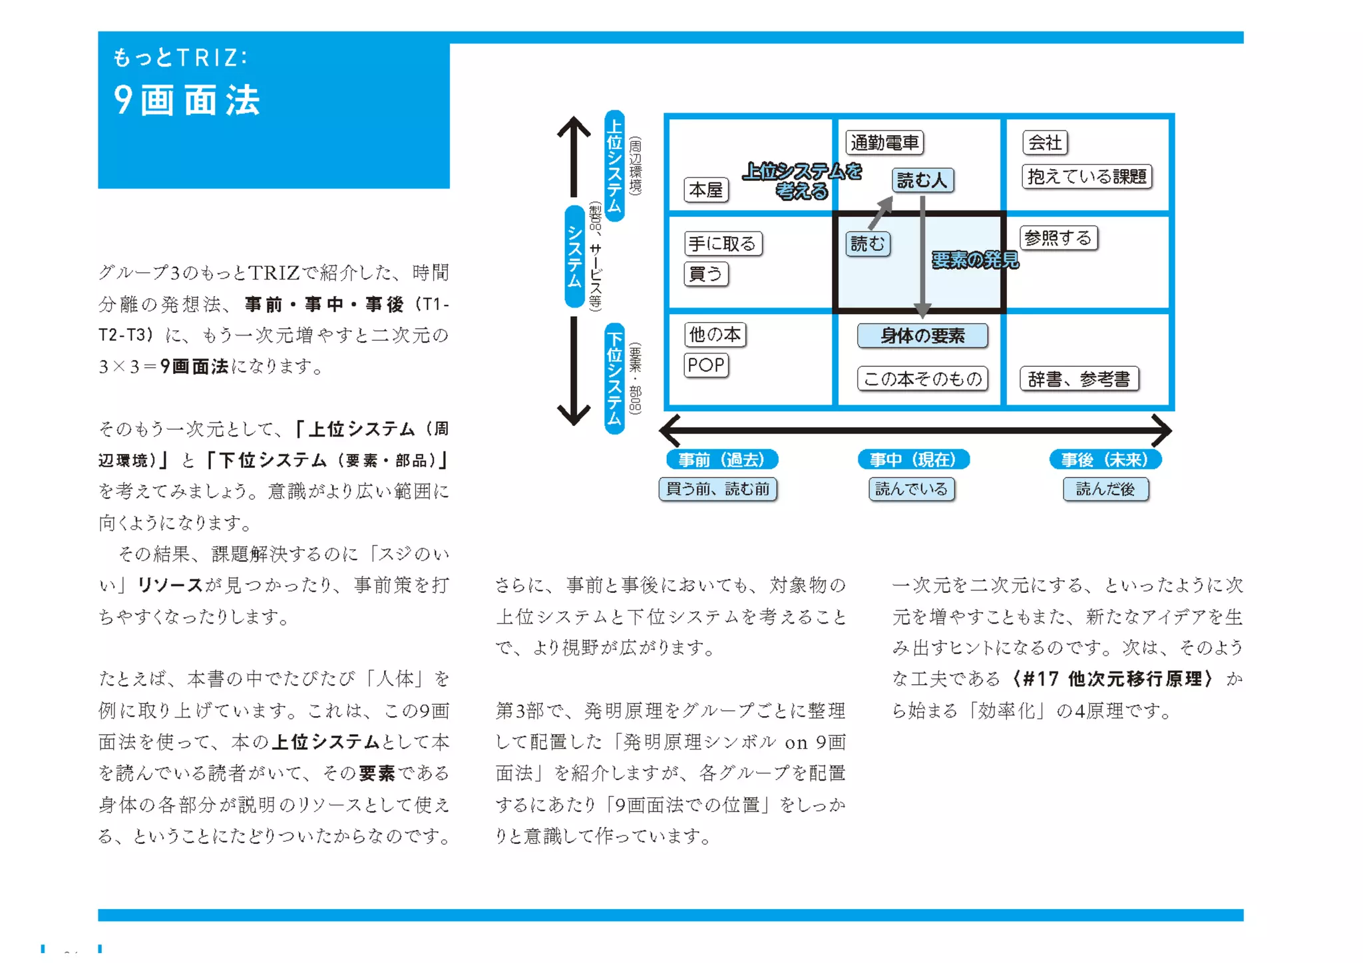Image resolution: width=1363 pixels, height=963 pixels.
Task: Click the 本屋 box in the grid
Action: point(705,190)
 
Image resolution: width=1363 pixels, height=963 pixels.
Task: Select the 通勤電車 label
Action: point(884,142)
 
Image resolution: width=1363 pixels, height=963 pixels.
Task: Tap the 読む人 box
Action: point(922,180)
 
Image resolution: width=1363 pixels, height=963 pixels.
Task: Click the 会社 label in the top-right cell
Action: point(1045,142)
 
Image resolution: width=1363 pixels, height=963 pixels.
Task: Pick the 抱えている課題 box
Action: point(1087,177)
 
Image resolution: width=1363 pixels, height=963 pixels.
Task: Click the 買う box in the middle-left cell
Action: point(706,274)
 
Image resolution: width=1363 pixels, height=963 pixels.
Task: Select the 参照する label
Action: point(1058,238)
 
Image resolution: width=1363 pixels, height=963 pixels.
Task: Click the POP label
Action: point(706,365)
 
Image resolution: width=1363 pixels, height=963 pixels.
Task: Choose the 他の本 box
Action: point(715,335)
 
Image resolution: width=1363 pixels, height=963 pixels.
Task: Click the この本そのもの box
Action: point(922,379)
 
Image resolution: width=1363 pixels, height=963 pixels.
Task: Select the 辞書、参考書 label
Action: point(1079,379)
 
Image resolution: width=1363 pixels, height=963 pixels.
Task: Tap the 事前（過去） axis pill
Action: point(722,460)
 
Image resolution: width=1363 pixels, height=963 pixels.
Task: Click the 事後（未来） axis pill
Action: point(1105,460)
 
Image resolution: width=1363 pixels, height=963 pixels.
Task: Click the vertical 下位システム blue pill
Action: point(614,378)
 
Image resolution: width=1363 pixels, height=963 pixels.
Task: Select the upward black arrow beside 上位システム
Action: point(574,156)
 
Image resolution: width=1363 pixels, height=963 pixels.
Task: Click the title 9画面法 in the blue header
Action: point(187,100)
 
